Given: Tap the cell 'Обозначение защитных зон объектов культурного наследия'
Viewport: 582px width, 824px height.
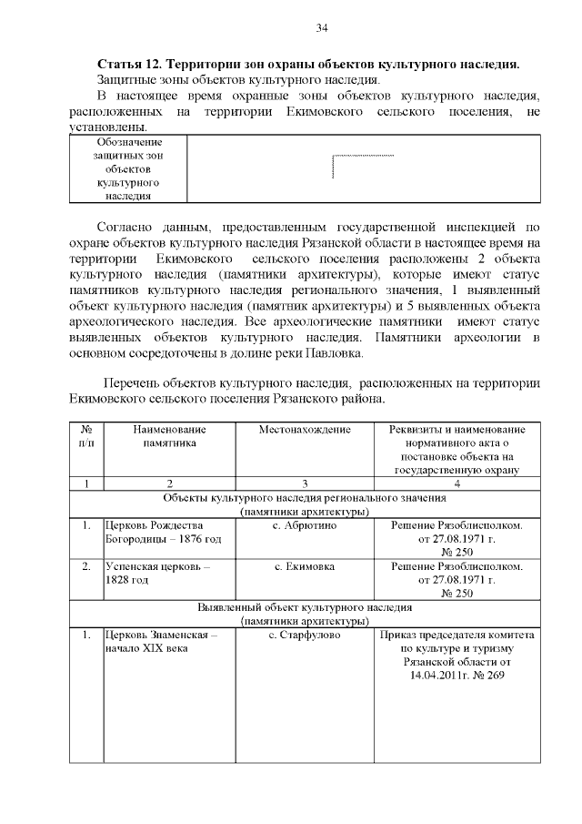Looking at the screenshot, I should tap(128, 168).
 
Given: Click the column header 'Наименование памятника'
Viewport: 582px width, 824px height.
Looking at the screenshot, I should tap(169, 435).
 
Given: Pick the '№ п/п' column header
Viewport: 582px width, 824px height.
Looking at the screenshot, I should tap(86, 435).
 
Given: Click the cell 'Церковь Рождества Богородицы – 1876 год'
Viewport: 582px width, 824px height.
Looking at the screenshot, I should tap(164, 533).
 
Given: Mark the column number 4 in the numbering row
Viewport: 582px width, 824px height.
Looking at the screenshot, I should tap(457, 483).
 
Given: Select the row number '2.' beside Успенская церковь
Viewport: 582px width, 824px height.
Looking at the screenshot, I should tap(86, 566).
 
